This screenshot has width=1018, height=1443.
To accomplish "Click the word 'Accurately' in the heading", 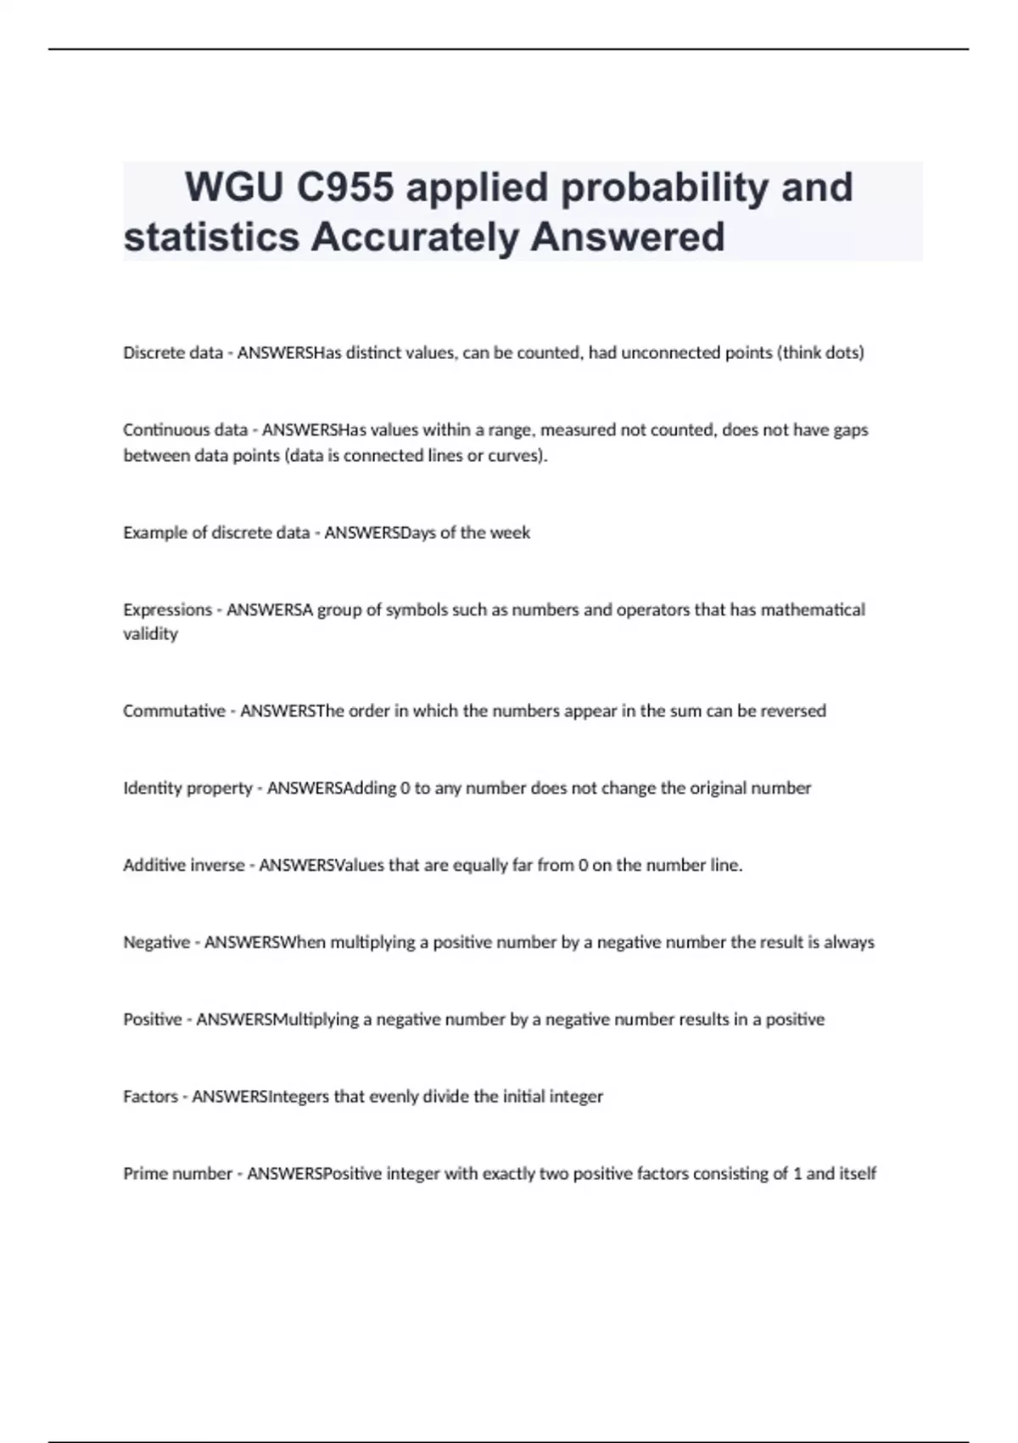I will (415, 237).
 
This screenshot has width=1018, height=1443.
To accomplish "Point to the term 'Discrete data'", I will (173, 353).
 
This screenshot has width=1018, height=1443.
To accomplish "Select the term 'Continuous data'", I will (185, 430).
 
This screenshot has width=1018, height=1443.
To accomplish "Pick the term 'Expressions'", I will (167, 610).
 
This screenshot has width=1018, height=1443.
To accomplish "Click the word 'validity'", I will (150, 634).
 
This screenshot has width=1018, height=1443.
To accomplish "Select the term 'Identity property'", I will (187, 789).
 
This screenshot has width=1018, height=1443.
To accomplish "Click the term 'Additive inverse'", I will (183, 866).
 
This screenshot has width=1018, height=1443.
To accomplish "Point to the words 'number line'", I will (692, 866).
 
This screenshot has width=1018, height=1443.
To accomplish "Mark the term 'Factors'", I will (150, 1097).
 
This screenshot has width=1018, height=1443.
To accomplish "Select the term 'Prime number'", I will (177, 1174).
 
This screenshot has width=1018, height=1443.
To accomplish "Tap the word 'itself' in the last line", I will (858, 1174).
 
